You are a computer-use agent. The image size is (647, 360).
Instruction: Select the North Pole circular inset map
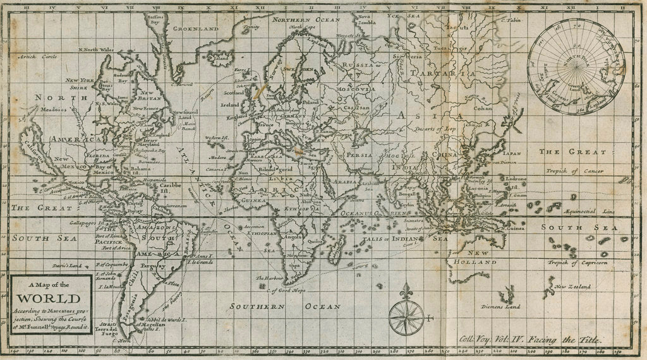point(576,66)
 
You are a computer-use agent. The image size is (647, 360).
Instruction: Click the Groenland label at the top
point(197,28)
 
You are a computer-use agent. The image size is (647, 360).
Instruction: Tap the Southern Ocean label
point(285,306)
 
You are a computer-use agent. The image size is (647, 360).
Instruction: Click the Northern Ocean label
point(306,20)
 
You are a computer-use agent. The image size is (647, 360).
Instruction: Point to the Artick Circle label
point(37,56)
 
